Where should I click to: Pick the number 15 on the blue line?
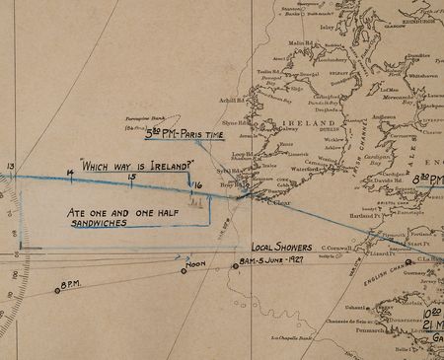[131, 178]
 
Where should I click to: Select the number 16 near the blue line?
[197, 184]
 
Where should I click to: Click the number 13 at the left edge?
[10, 166]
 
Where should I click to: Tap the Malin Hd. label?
[301, 43]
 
